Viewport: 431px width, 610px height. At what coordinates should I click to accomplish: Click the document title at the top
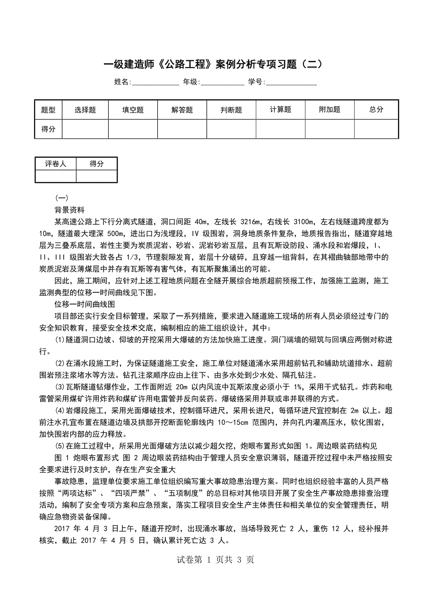[x=213, y=64]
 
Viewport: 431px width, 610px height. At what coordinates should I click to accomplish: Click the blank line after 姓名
[x=155, y=82]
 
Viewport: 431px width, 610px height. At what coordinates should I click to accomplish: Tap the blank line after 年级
[x=222, y=82]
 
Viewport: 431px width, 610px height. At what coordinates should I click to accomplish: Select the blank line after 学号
[x=291, y=82]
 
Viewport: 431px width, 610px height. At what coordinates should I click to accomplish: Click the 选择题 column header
[x=85, y=110]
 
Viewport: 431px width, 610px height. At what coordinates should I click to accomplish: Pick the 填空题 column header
[x=133, y=110]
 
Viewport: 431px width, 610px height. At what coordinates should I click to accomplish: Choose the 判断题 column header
[x=231, y=110]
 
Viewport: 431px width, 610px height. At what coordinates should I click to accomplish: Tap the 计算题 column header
[x=281, y=110]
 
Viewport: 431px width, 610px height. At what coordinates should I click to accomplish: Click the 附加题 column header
[x=330, y=110]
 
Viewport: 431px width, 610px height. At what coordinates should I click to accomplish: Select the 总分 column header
[x=376, y=110]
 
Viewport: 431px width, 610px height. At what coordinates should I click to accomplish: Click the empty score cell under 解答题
[x=182, y=129]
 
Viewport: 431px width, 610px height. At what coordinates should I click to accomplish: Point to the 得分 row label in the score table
[x=48, y=129]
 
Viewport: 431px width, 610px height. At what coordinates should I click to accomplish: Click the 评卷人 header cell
[x=55, y=164]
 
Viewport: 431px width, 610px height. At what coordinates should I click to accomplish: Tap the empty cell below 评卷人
[x=55, y=176]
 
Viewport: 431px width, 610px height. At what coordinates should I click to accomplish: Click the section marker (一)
[x=62, y=198]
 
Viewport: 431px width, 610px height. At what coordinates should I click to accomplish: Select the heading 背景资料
[x=69, y=209]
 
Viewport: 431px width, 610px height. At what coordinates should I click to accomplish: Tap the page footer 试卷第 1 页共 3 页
[x=215, y=559]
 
